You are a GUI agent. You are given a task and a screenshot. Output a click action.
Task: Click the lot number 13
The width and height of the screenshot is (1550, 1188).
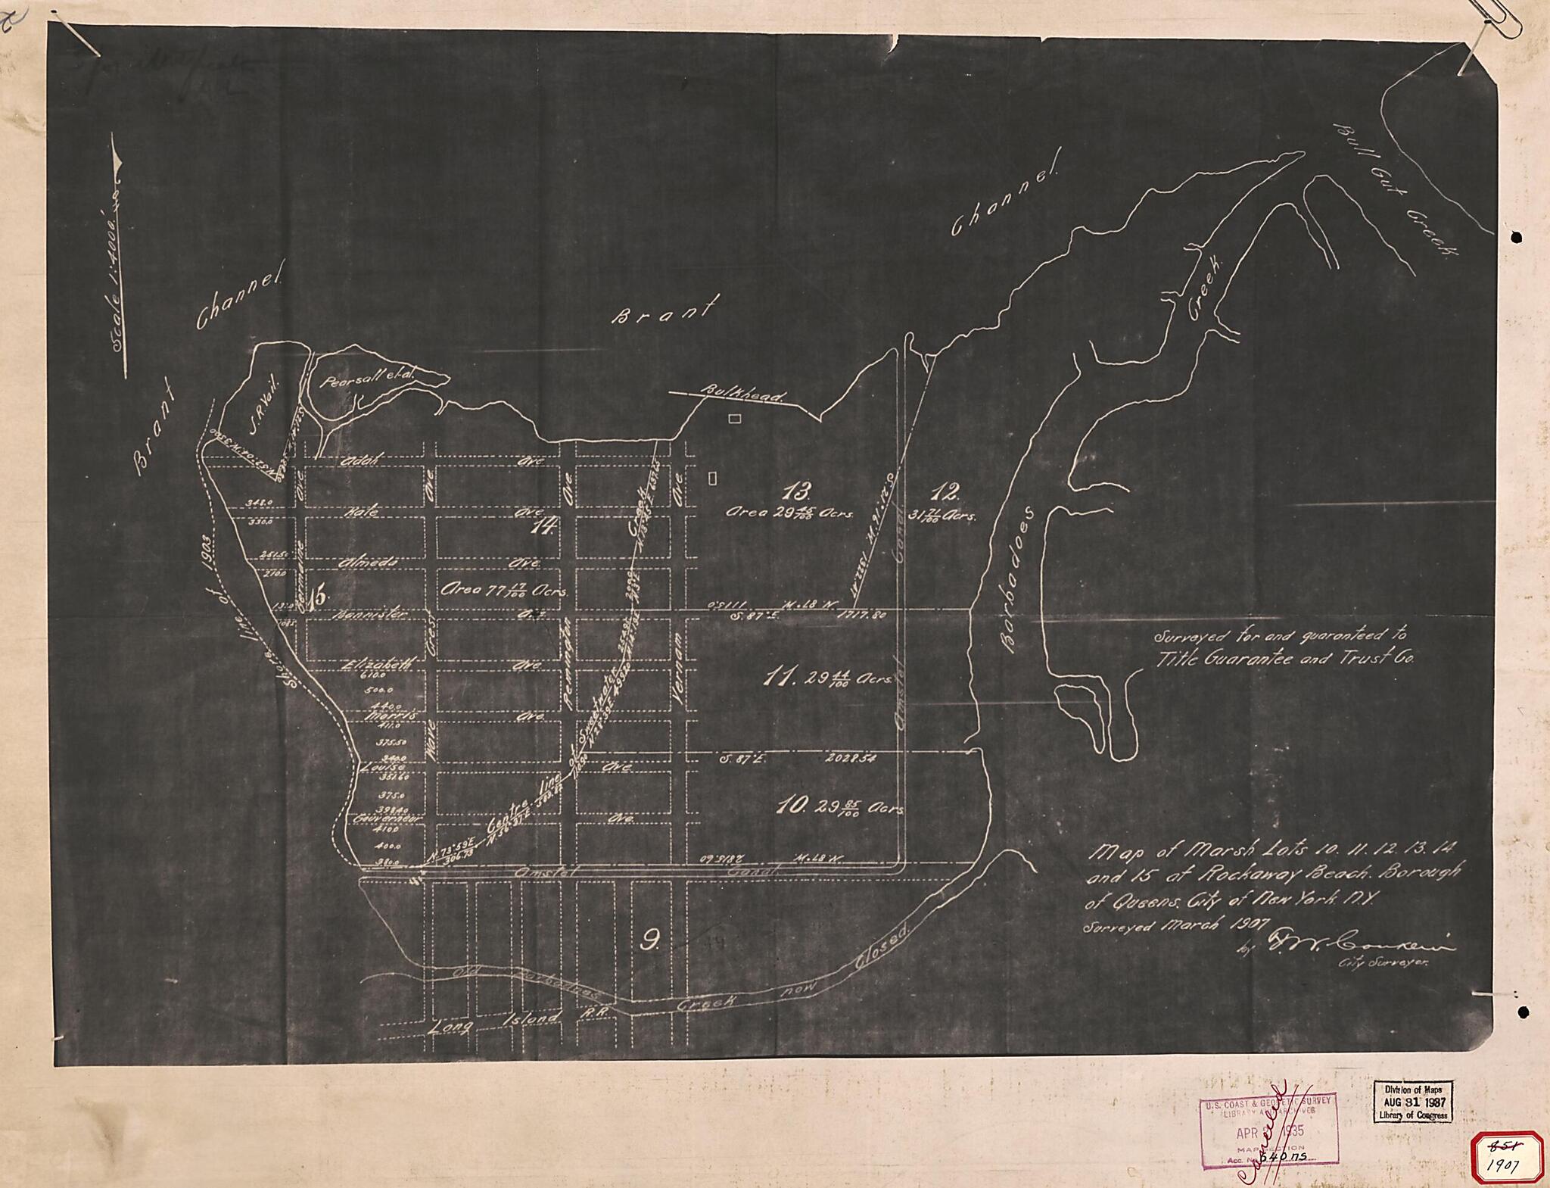[x=796, y=491]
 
